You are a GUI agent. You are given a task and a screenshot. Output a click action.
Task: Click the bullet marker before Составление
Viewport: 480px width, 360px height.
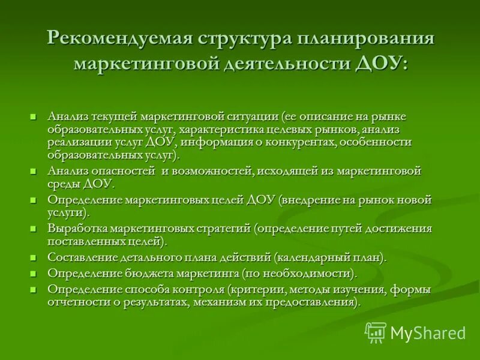pyautogui.click(x=34, y=257)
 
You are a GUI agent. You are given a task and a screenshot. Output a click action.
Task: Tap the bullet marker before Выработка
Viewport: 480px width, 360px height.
pyautogui.click(x=34, y=229)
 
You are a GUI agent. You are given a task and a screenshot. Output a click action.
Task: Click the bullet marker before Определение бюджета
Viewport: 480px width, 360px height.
pyautogui.click(x=34, y=274)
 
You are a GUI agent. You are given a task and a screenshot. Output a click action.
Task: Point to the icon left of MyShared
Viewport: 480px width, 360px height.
pyautogui.click(x=376, y=332)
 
